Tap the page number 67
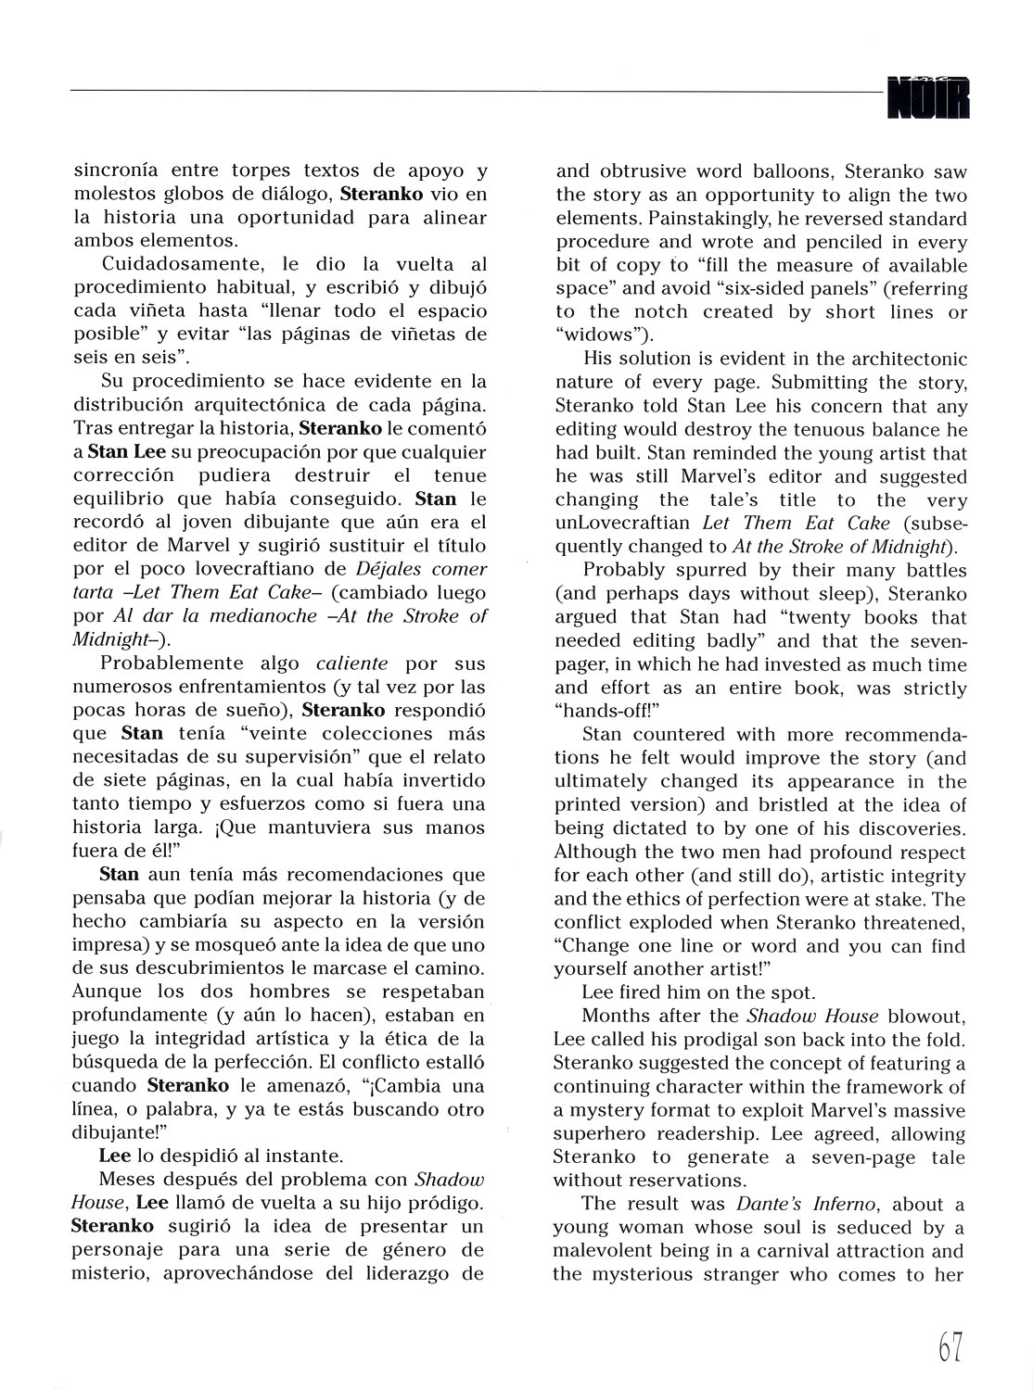[950, 1346]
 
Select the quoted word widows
[604, 335]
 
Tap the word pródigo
[442, 1203]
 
